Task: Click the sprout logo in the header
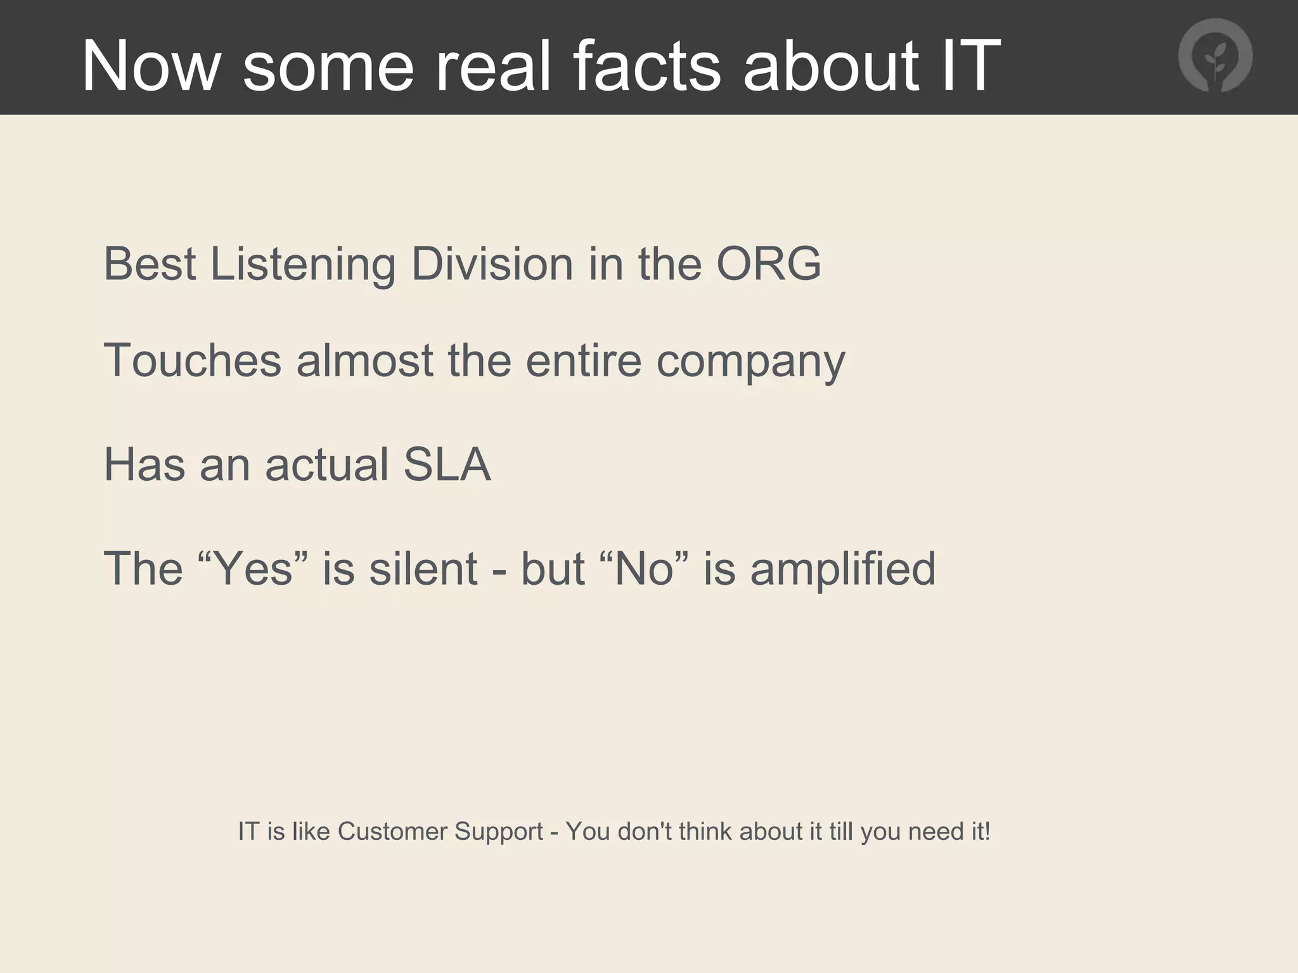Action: coord(1215,56)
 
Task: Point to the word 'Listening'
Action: coord(303,264)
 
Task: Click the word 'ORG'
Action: coord(768,264)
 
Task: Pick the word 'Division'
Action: coord(492,264)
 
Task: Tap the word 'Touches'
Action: coord(192,360)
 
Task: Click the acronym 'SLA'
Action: coord(447,465)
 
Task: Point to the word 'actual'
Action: coord(327,465)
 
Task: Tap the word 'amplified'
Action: coord(842,568)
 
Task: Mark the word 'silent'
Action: coord(423,568)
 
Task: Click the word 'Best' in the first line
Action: coord(150,264)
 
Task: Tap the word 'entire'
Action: coord(584,360)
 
